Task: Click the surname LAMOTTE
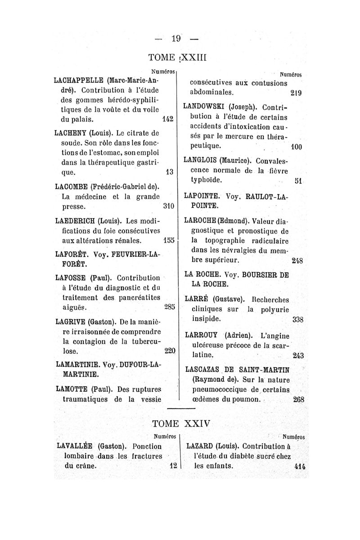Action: click(71, 389)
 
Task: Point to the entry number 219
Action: click(296, 94)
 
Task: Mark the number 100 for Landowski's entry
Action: click(296, 147)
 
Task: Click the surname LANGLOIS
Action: click(202, 160)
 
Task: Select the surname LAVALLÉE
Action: click(73, 446)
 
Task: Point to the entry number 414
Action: click(299, 466)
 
